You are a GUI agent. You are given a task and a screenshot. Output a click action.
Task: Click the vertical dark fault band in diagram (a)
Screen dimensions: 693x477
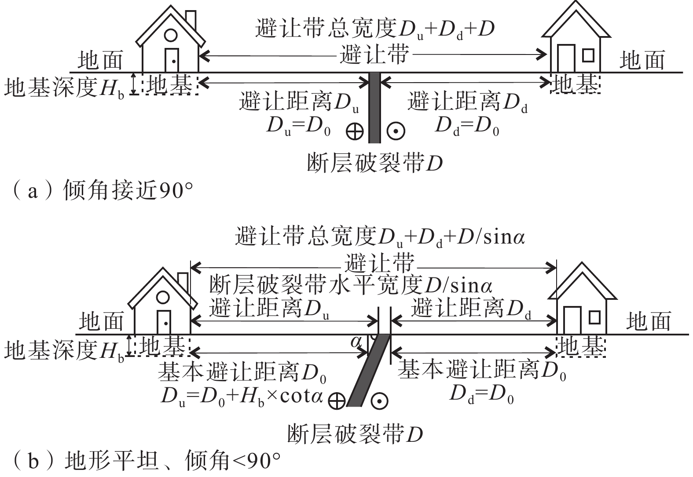374,108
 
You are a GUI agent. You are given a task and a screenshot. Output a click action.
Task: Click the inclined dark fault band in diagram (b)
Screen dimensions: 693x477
369,370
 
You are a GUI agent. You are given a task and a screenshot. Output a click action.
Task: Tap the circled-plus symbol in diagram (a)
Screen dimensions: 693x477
355,131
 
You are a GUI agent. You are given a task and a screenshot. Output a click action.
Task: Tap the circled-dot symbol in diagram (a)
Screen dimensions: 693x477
396,131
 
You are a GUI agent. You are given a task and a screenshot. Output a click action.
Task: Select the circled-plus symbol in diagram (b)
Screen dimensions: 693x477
337,401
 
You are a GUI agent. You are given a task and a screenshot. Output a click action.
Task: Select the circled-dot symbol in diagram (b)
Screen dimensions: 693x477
379,401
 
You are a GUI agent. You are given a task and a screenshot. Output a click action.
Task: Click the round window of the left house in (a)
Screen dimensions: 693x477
170,35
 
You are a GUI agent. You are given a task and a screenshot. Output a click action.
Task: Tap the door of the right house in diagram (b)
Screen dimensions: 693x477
572,320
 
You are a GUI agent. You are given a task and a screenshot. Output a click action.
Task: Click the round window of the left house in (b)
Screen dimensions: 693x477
163,297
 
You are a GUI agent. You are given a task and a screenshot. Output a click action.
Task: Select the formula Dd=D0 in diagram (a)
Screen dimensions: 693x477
467,127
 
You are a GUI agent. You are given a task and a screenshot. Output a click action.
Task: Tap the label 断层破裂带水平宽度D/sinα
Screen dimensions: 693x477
351,285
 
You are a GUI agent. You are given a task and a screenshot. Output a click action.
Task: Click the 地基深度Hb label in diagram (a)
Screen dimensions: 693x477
64,87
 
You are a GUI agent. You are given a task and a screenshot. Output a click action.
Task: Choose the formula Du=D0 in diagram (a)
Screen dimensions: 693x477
299,127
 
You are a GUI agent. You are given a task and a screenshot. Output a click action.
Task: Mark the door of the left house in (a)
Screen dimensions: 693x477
172,60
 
